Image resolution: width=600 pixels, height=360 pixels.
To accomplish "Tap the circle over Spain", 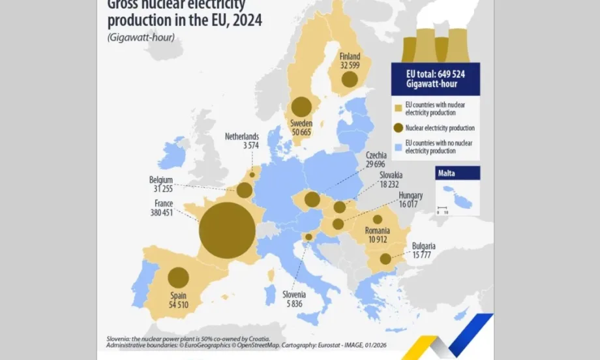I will pos(178,278).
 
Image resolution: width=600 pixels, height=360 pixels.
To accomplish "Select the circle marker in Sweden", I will pos(301,106).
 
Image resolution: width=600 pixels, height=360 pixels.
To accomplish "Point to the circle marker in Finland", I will pos(350,80).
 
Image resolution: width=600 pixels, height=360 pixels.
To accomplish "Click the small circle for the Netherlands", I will pos(252,175).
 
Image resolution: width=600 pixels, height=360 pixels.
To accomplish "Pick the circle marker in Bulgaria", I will pos(385,259).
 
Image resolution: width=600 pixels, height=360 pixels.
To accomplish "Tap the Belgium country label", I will pos(160,180).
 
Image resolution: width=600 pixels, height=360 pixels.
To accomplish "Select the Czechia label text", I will pos(376,156).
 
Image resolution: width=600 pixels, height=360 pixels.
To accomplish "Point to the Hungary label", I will pos(411,196).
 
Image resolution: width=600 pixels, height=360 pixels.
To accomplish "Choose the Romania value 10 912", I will pos(378,240).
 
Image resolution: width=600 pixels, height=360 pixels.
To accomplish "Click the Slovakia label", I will pos(391,175).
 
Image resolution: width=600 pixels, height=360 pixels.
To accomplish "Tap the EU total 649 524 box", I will pos(435,79).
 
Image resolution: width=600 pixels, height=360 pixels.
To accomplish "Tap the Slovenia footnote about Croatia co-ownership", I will pos(188,339).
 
